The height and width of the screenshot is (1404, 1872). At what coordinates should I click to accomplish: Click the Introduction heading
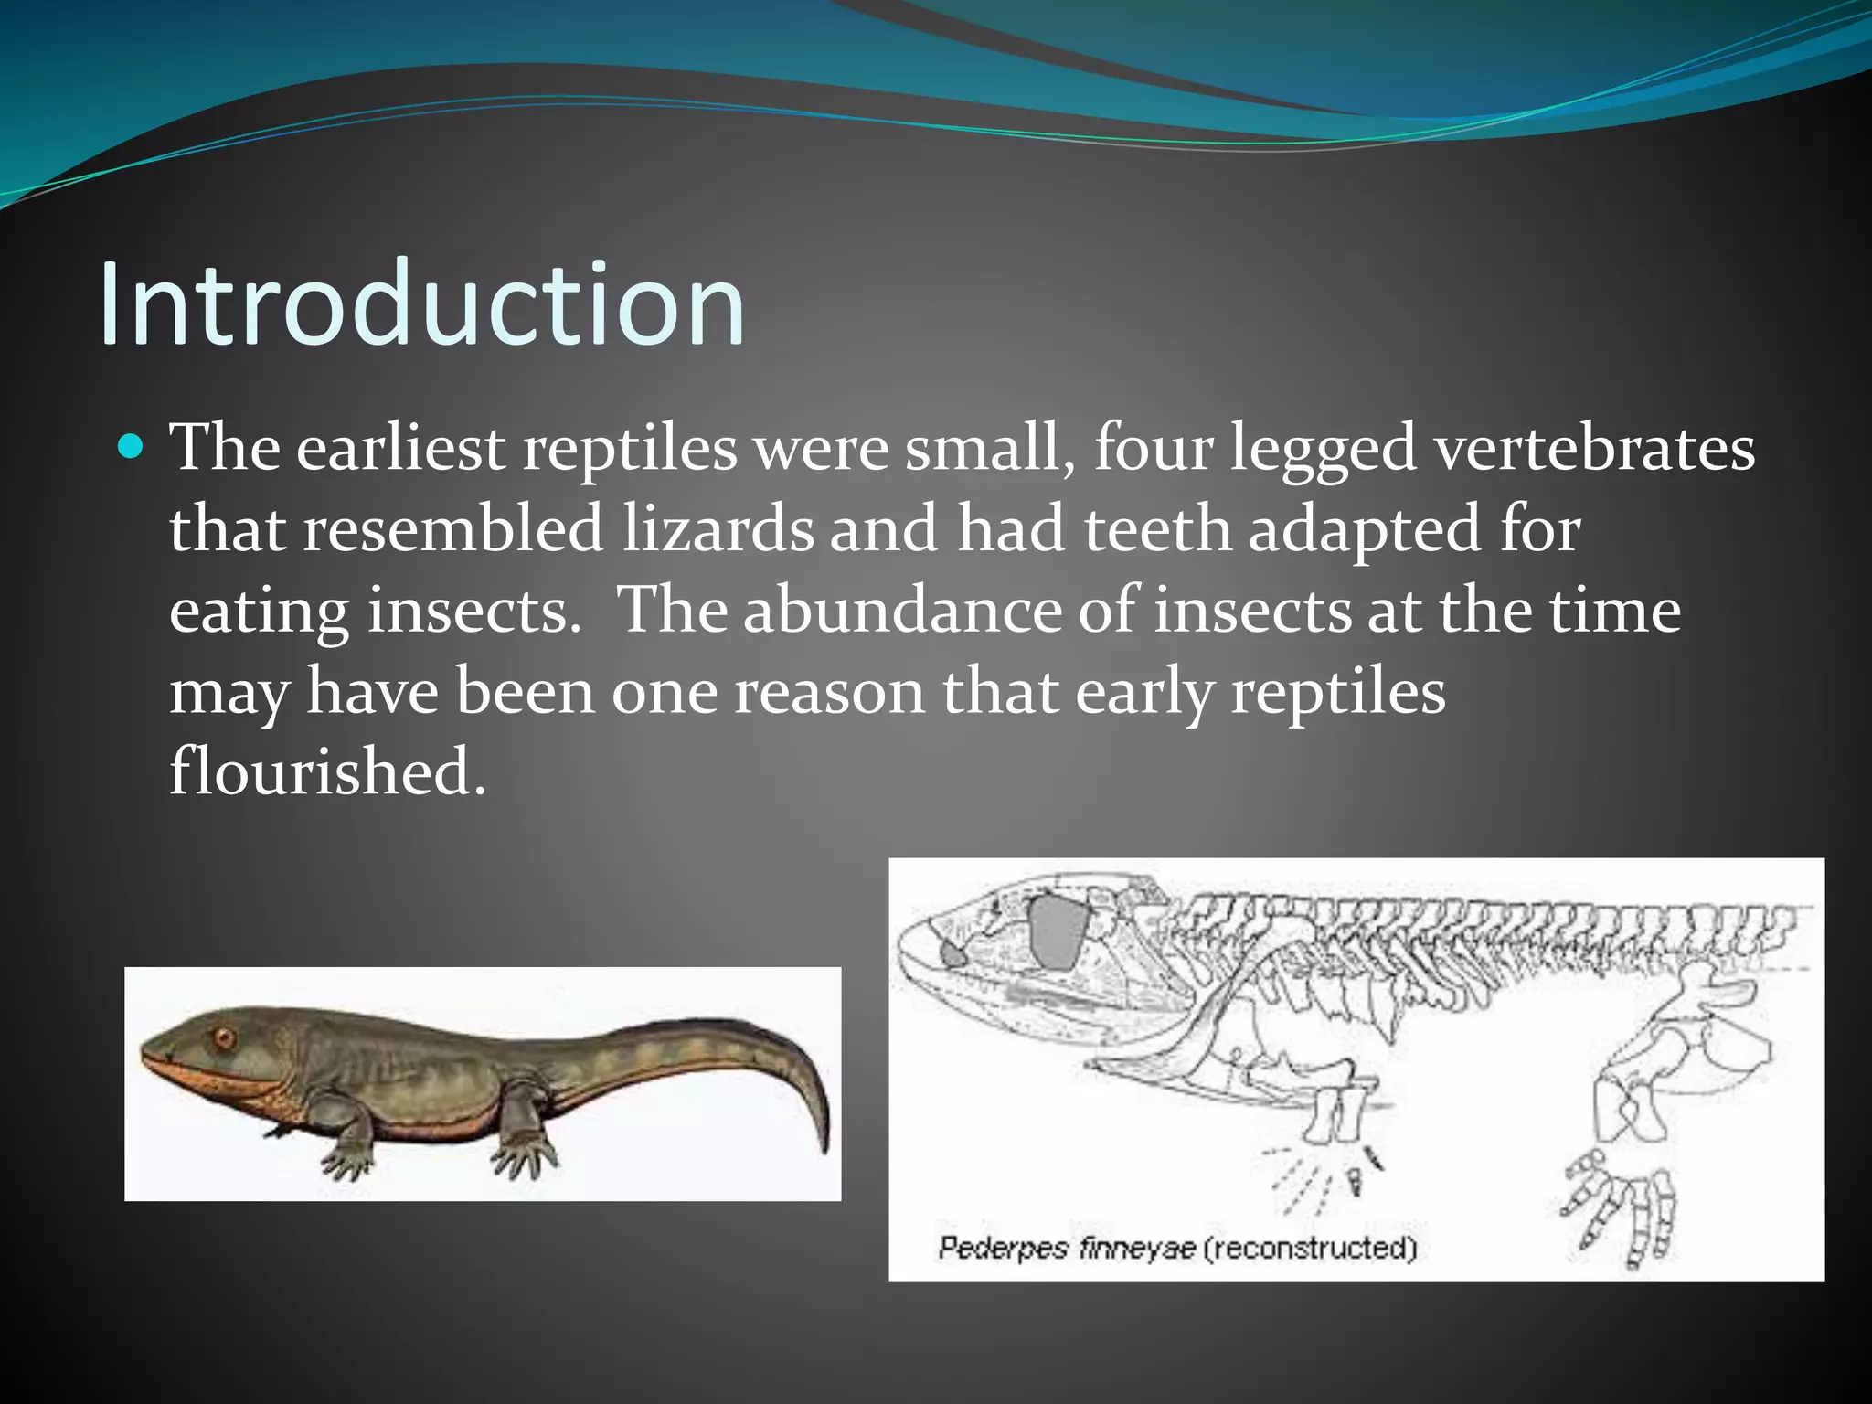tap(421, 303)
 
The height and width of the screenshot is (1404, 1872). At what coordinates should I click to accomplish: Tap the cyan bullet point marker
tap(132, 447)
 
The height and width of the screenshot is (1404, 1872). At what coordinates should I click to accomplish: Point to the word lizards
tap(718, 529)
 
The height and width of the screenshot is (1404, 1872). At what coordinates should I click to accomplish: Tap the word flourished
tap(327, 771)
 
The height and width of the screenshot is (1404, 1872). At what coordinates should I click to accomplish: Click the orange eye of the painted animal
tap(223, 1038)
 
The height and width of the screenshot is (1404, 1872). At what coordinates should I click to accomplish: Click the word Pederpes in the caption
tap(1002, 1249)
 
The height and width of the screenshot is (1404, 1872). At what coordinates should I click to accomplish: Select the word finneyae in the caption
tap(1136, 1249)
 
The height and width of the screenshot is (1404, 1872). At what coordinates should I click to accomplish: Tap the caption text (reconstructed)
tap(1309, 1249)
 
